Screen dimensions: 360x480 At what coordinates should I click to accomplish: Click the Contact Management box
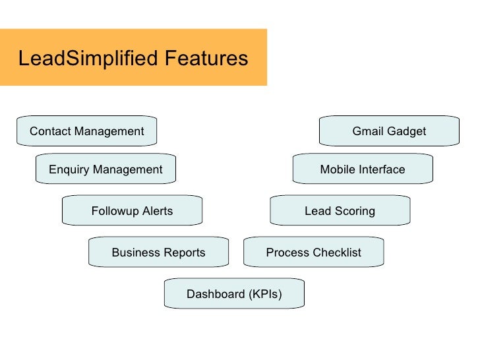[86, 131]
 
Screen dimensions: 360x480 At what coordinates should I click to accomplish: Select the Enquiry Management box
[105, 169]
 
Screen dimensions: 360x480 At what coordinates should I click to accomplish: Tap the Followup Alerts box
[132, 211]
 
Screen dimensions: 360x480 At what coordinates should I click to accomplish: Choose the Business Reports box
[158, 253]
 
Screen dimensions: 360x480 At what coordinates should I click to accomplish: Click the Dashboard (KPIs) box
[234, 294]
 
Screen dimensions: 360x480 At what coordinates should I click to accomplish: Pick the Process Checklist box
[313, 253]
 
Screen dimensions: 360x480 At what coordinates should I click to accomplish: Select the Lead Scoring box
[340, 211]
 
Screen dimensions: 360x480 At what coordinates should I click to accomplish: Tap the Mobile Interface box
[363, 169]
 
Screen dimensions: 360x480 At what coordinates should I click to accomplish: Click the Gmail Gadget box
[389, 131]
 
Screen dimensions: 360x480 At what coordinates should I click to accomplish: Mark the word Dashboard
[215, 294]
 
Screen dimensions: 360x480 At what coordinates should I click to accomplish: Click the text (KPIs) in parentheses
[264, 294]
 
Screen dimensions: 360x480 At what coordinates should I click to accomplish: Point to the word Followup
[114, 211]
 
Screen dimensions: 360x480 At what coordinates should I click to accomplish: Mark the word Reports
[184, 253]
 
